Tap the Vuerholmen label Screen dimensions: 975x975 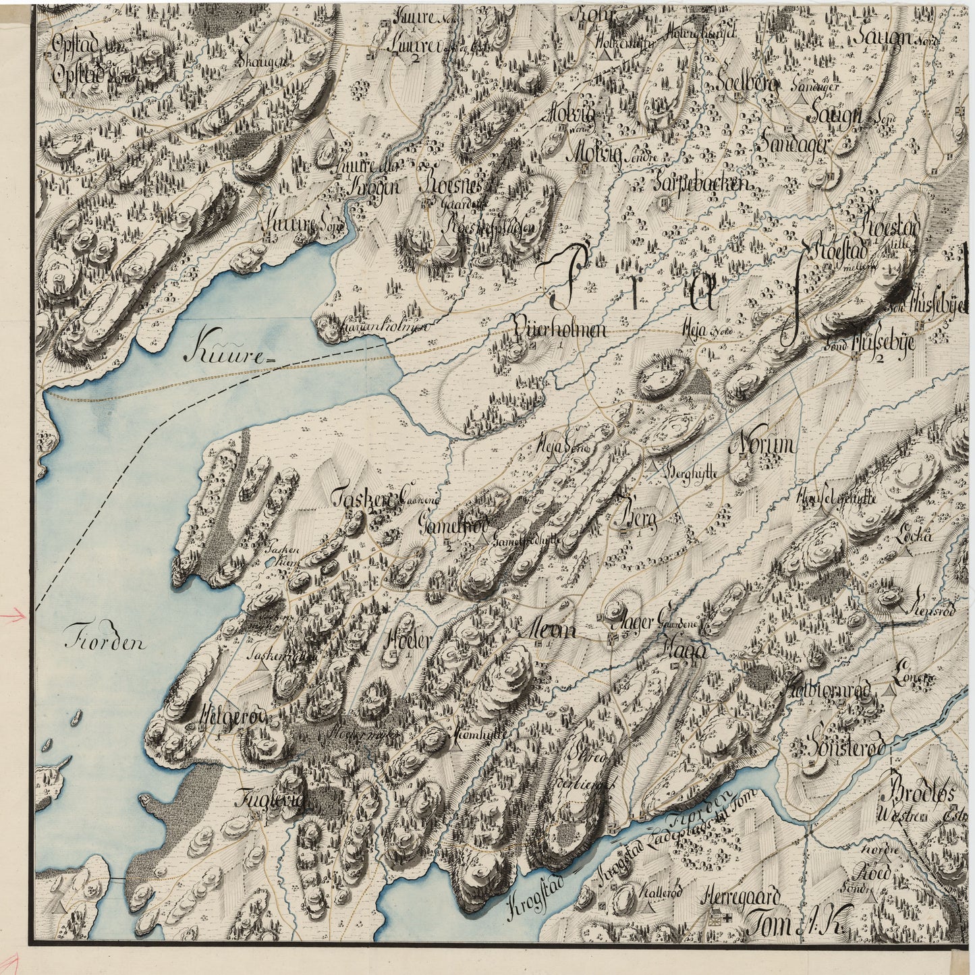pos(560,329)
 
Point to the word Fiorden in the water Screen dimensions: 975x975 pos(106,642)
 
